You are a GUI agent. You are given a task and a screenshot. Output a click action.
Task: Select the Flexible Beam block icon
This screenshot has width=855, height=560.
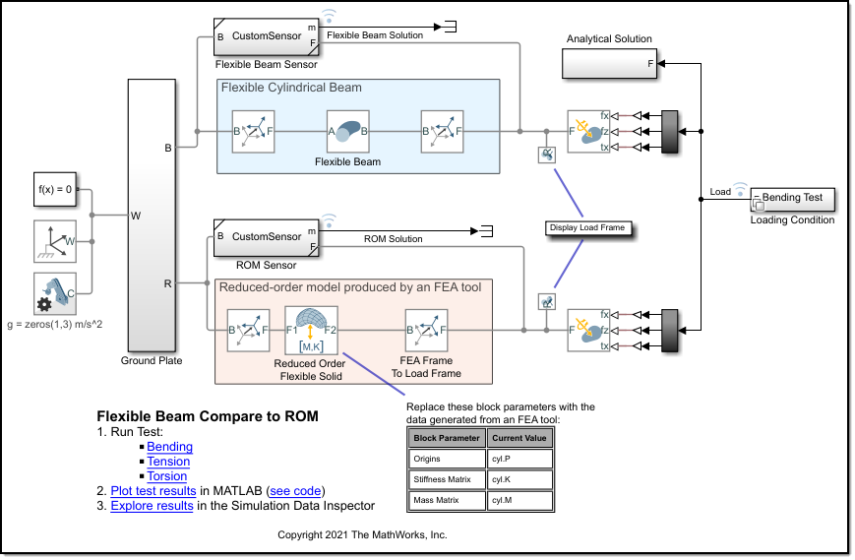348,131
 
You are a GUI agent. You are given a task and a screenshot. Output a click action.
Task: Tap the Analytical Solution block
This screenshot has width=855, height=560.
609,64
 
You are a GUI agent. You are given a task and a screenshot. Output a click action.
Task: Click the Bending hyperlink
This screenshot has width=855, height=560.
169,447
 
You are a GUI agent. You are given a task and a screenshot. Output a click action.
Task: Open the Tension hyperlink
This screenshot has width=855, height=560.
168,462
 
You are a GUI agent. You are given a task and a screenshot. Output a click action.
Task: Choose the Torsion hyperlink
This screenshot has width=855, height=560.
167,476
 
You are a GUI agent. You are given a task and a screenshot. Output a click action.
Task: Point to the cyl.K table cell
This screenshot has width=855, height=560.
520,479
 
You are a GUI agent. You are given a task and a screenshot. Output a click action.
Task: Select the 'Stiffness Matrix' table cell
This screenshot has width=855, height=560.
447,479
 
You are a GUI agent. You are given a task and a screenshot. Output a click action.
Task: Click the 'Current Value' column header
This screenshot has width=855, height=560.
520,438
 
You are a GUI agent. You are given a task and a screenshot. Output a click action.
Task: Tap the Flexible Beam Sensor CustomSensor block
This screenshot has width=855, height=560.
266,36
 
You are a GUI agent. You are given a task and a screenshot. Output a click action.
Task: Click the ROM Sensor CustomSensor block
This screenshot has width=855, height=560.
266,238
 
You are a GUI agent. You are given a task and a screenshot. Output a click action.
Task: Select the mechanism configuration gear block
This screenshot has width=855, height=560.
54,292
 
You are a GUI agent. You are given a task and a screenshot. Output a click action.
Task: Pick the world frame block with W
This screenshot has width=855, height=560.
54,240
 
